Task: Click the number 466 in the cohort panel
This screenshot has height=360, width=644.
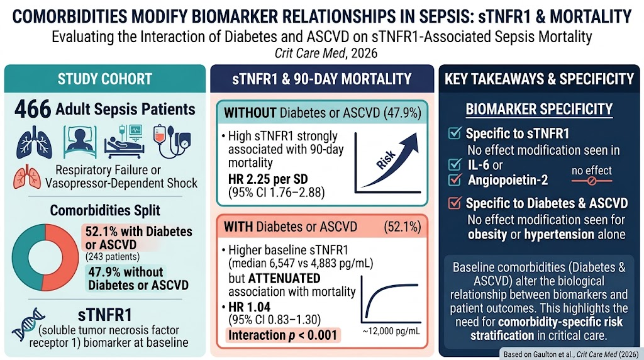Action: (x=33, y=110)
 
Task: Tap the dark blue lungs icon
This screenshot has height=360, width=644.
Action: (x=34, y=143)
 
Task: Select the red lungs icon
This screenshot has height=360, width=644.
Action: (x=27, y=177)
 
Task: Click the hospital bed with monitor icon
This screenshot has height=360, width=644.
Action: (x=124, y=142)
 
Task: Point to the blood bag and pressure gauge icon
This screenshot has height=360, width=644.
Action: (x=172, y=142)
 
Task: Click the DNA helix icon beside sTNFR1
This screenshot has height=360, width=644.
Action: (x=28, y=324)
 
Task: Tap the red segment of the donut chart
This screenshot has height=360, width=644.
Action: (x=62, y=257)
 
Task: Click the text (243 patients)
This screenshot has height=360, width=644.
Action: (x=112, y=257)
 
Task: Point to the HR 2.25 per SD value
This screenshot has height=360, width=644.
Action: (x=268, y=179)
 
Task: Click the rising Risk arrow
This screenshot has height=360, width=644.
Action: (x=390, y=160)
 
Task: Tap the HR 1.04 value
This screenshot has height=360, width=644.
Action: (x=249, y=307)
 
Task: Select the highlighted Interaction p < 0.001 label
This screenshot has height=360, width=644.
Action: (x=282, y=335)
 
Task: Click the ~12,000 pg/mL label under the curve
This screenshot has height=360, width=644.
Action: (x=391, y=331)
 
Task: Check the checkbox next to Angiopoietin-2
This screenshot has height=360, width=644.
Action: (x=455, y=180)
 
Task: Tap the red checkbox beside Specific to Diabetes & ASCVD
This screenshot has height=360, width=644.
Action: (x=455, y=203)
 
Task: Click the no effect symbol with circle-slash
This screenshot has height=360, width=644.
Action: (x=591, y=181)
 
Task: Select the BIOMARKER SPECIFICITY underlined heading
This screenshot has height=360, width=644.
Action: (x=539, y=110)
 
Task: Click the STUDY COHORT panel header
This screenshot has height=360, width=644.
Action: (x=105, y=79)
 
